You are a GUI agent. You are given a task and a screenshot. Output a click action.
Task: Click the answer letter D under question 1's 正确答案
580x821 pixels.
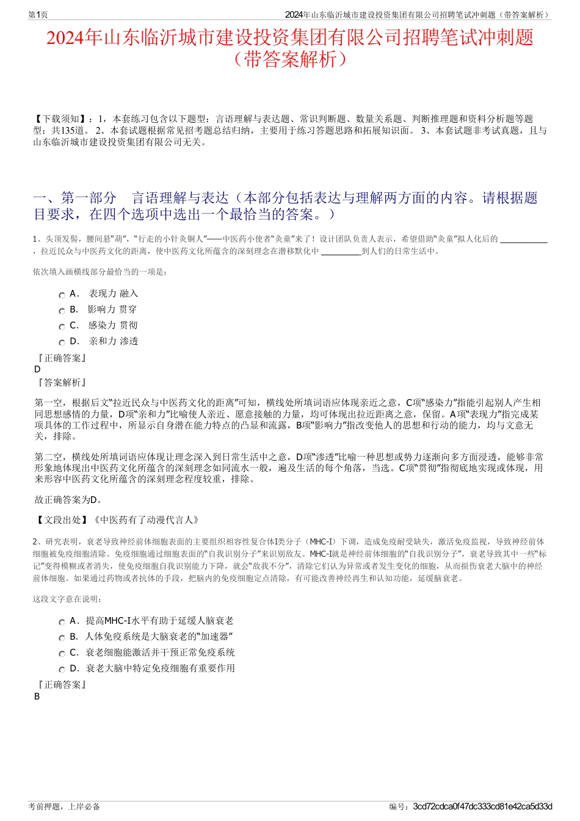[37, 369]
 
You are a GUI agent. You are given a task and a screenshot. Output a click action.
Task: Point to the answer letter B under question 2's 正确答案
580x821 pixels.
[37, 696]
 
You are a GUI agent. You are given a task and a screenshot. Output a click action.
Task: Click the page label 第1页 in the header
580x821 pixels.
[38, 15]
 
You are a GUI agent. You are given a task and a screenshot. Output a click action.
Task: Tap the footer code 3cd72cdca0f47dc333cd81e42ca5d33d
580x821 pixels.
[482, 806]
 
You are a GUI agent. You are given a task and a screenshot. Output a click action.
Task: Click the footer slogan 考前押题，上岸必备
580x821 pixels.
[64, 806]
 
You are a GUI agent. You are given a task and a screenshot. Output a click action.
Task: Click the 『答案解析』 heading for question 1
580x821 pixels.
[61, 383]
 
